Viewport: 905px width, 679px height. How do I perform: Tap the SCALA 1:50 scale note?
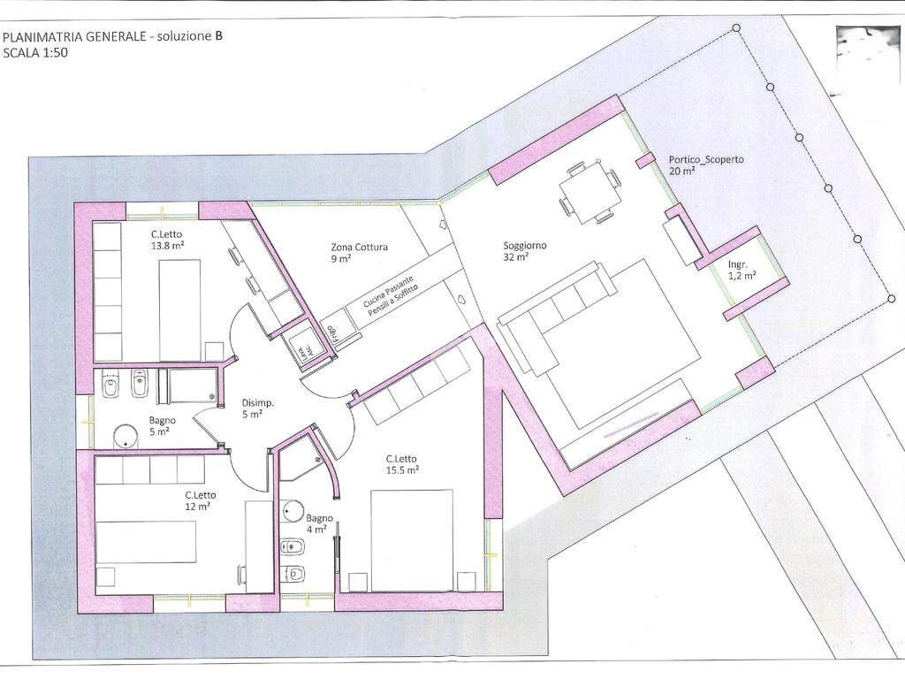(35, 52)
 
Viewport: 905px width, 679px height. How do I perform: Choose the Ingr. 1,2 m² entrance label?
(741, 270)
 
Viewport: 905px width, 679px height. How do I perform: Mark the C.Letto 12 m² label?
(201, 500)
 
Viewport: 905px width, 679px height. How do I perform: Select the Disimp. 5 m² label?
(257, 408)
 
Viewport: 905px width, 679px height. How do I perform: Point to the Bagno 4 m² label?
(319, 523)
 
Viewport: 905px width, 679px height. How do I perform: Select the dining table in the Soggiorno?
(588, 193)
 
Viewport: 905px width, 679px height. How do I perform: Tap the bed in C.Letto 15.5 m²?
(411, 539)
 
